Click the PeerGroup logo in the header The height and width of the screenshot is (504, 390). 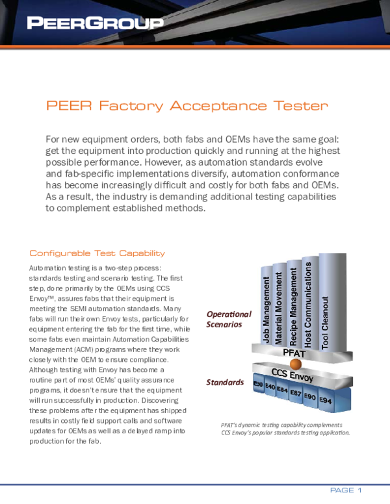(95, 24)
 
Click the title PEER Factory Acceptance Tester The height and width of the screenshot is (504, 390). (187, 106)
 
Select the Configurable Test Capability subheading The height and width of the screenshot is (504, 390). (97, 253)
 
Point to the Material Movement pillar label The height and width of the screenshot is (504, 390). (279, 302)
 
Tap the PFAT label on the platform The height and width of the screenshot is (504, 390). (294, 353)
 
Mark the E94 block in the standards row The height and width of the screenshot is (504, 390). (326, 402)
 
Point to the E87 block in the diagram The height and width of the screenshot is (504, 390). (296, 394)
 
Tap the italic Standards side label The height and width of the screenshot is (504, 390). (226, 383)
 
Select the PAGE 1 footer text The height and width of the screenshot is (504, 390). (346, 489)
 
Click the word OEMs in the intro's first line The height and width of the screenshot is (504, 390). (194, 140)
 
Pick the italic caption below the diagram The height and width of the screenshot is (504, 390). (285, 429)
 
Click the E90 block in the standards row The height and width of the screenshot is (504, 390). (310, 397)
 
